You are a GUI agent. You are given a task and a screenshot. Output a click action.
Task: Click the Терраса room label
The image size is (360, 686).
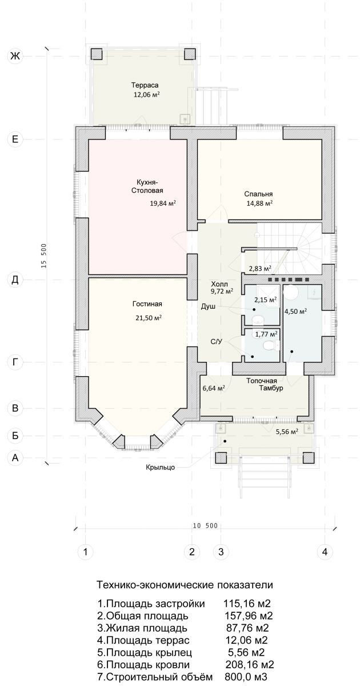(x=145, y=85)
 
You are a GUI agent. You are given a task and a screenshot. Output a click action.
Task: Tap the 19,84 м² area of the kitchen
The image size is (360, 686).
(x=162, y=203)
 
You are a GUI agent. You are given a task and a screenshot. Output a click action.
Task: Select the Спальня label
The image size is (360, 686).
(x=258, y=194)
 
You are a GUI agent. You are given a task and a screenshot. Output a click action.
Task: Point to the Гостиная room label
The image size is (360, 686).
(x=147, y=304)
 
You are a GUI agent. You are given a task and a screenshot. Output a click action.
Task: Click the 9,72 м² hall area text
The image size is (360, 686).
(x=222, y=291)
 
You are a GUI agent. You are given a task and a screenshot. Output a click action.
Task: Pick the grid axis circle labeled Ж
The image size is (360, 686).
(x=15, y=56)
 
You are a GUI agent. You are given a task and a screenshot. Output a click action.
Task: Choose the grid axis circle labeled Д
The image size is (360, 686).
(x=15, y=280)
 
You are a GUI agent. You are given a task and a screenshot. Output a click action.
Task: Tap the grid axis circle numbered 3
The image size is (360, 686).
(x=221, y=552)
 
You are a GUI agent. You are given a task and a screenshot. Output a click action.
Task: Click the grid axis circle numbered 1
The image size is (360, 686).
(x=85, y=552)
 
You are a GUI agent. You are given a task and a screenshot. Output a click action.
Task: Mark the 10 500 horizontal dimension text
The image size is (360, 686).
(x=205, y=526)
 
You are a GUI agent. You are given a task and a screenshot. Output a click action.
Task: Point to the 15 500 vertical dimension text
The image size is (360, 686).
(x=44, y=256)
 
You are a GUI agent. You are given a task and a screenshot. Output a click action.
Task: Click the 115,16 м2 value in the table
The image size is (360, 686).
(x=247, y=604)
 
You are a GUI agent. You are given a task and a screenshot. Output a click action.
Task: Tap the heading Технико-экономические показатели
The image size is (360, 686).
(x=185, y=585)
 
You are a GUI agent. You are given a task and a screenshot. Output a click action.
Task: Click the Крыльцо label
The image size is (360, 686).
(x=161, y=468)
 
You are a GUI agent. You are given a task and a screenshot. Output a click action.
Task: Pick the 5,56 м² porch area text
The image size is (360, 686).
(x=287, y=432)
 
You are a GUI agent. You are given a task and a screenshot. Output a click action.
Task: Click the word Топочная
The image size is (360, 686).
(x=262, y=381)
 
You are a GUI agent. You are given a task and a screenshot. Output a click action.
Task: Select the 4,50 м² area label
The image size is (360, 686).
(x=296, y=312)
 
